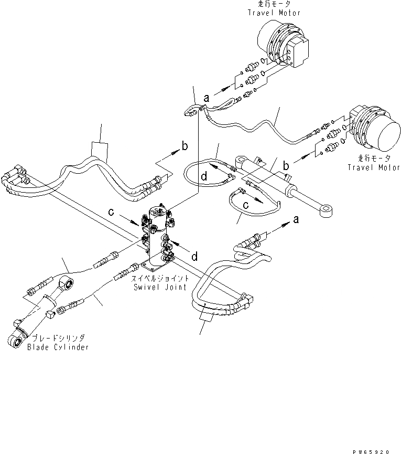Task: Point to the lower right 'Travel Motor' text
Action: click(x=374, y=167)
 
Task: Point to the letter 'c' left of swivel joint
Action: click(x=111, y=212)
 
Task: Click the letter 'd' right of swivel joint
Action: click(x=194, y=256)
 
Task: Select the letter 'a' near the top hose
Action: click(x=207, y=98)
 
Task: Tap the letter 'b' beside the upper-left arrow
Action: click(x=184, y=144)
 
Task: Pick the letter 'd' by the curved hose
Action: click(x=202, y=177)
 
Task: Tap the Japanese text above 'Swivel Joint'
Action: click(x=156, y=280)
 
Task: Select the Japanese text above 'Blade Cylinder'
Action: click(x=58, y=339)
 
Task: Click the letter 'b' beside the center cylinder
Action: click(x=286, y=165)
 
